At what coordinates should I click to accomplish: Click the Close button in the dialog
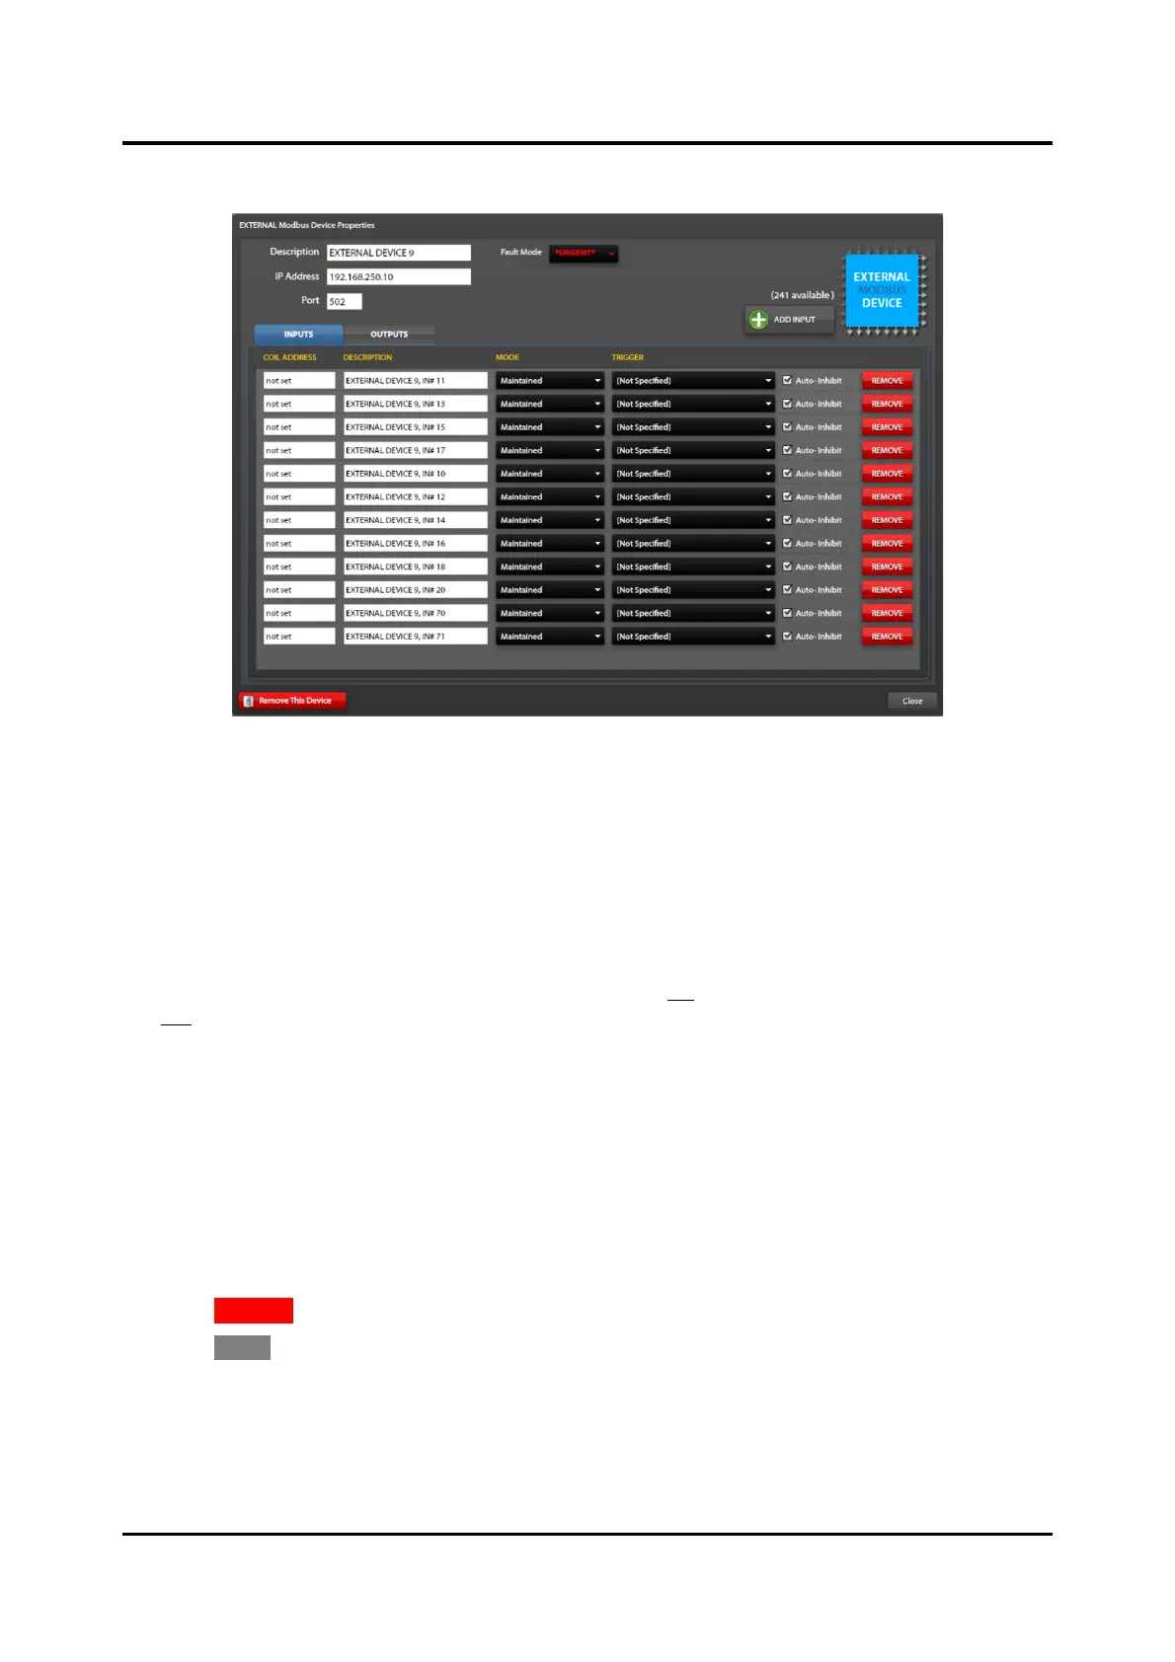(911, 701)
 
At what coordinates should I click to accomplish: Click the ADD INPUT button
(789, 320)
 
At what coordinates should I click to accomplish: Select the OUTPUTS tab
(389, 335)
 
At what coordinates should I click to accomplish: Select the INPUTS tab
(298, 335)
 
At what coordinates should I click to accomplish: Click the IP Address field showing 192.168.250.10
(398, 277)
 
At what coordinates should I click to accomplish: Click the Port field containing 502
(344, 302)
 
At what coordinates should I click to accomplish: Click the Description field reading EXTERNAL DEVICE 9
(398, 253)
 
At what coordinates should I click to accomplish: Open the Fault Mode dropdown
(584, 254)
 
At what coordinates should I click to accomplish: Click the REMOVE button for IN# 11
(887, 381)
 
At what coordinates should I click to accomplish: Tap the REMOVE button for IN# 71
(887, 637)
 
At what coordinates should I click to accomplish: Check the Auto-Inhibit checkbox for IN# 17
(787, 450)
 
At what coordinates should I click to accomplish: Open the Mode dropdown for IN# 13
(549, 404)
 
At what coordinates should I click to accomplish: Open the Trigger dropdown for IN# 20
(692, 590)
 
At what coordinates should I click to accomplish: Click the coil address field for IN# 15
(299, 427)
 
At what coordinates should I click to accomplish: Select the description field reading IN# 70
(415, 613)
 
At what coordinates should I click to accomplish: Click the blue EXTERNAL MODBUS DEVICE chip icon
(882, 290)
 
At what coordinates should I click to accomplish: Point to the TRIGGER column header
(627, 357)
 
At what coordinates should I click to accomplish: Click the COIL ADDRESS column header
(289, 357)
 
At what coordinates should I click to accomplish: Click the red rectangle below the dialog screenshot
(254, 1311)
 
